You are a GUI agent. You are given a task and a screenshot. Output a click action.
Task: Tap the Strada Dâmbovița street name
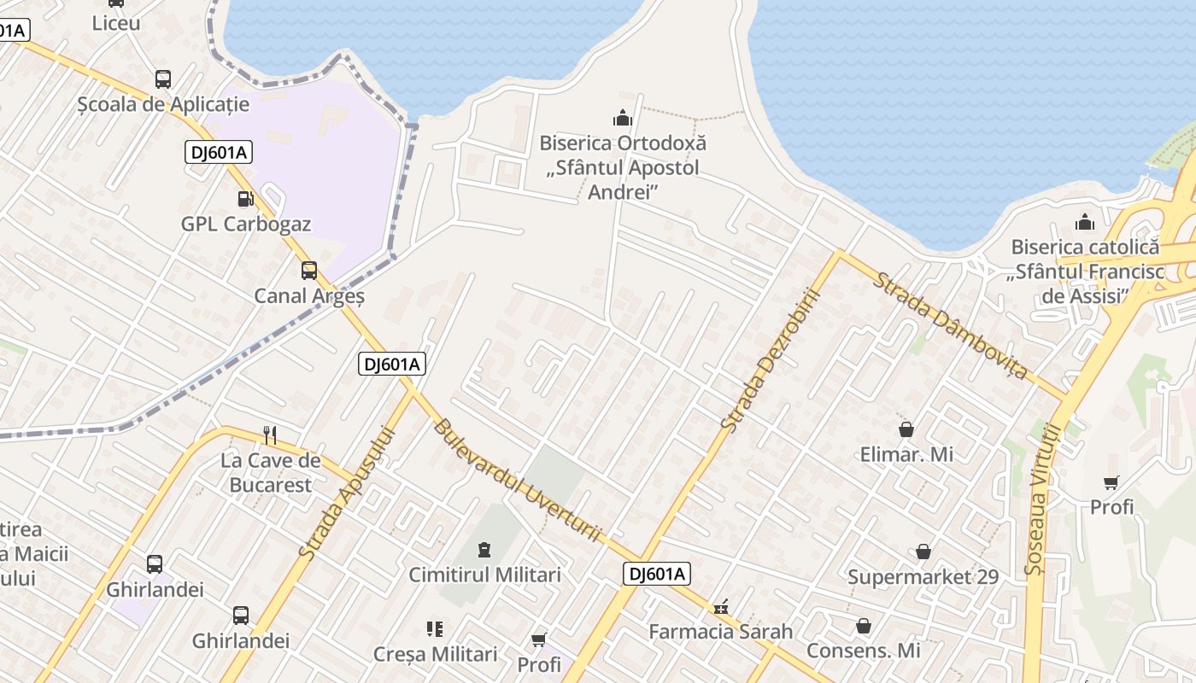949,325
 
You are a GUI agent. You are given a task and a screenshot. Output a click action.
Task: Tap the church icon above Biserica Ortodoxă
622,118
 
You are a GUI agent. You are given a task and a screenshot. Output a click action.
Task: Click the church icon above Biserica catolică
1085,223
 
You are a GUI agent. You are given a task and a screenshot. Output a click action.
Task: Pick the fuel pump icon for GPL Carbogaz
245,199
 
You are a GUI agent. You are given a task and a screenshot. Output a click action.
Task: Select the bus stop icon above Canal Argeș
309,271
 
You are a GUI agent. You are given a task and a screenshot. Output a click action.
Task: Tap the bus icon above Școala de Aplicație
162,79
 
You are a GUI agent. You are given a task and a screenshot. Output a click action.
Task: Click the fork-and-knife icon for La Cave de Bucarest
270,435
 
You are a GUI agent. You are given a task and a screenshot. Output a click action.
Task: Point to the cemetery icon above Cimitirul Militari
484,549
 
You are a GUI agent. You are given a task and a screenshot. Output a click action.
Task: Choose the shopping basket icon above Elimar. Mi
906,429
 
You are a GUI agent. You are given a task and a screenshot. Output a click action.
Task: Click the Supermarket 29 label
923,577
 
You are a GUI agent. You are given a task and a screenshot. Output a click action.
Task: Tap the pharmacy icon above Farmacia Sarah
721,607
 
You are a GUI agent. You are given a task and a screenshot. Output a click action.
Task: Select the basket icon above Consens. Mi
864,626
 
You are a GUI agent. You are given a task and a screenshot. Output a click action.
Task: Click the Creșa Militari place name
435,655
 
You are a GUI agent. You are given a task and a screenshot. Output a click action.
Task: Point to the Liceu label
116,23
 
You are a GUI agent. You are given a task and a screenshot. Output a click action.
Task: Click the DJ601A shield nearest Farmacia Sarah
656,574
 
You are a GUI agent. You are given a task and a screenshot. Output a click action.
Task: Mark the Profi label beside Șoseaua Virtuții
1111,507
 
